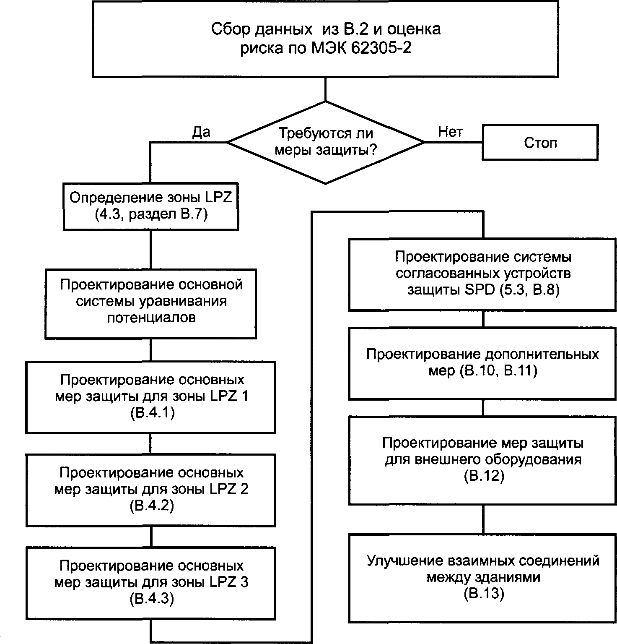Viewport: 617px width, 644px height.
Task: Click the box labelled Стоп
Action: pos(540,143)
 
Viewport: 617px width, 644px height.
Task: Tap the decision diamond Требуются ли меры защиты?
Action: pos(326,142)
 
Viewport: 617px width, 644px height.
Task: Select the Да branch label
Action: pos(201,132)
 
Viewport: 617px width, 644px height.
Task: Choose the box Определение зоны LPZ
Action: pos(150,206)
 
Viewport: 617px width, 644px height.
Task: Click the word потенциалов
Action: pos(151,318)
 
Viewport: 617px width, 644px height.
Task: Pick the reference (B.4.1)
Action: pos(151,413)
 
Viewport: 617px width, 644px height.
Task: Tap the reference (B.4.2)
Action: pos(151,506)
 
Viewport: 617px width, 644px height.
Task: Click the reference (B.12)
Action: pos(483,476)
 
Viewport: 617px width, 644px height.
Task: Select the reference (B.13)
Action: pos(483,594)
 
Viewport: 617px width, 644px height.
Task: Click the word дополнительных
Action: pos(542,355)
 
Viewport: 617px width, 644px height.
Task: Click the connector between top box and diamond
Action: pos(326,89)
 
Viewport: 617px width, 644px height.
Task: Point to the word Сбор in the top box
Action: pos(226,29)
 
